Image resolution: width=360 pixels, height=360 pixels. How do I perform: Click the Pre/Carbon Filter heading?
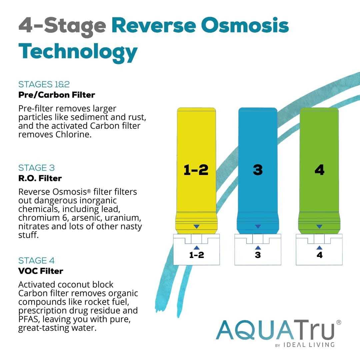[57, 95]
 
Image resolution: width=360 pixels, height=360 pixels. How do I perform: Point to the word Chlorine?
[73, 135]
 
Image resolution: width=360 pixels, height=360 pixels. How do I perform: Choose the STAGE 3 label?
[37, 168]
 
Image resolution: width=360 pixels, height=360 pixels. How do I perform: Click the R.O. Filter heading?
[40, 178]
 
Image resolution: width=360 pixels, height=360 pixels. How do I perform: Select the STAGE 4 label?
[36, 260]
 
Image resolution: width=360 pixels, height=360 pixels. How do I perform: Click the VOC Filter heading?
[41, 271]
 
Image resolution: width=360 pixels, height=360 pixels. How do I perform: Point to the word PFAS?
[29, 319]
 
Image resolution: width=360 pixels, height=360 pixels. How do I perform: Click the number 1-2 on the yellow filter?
[196, 170]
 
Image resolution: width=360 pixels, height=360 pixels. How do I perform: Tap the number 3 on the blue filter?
[258, 170]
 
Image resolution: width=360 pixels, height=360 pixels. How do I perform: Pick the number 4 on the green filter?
[319, 170]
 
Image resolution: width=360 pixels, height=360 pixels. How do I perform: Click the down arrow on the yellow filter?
[196, 227]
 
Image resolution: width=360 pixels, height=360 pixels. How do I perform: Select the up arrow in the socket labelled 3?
[258, 248]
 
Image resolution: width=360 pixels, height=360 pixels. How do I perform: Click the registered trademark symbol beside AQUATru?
[339, 322]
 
